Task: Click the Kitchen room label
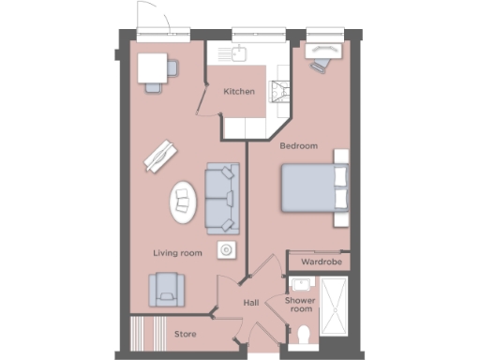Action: tap(239, 92)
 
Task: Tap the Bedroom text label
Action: tap(299, 145)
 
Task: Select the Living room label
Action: tap(178, 253)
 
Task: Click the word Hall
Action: tap(250, 303)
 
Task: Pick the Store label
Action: tap(185, 333)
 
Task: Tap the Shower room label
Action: tap(301, 304)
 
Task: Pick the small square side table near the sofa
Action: tap(226, 248)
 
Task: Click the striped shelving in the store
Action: tap(141, 333)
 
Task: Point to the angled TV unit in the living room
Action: tap(160, 155)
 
